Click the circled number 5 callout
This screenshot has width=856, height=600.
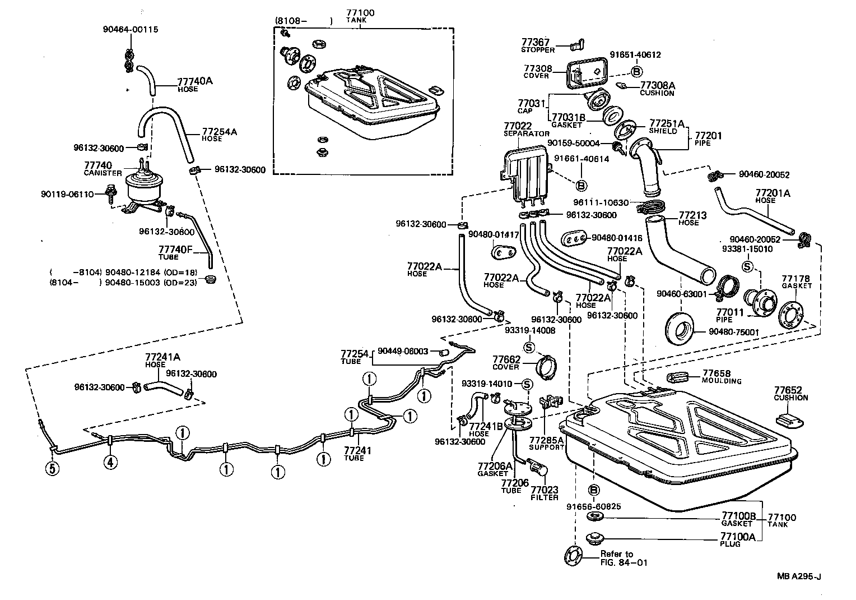point(52,468)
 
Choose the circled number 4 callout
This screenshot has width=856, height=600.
point(110,463)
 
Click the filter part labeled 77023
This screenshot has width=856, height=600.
point(538,467)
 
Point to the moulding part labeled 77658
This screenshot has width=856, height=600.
point(678,376)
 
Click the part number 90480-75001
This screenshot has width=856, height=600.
point(733,332)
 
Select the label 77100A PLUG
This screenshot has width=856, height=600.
point(738,539)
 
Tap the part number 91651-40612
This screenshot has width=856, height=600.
point(636,55)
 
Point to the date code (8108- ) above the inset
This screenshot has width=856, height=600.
point(303,21)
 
